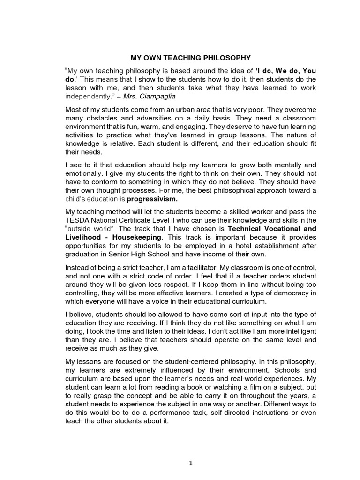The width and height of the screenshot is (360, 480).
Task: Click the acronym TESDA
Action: pos(75,220)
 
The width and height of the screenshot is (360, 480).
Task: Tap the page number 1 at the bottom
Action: pos(190,463)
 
